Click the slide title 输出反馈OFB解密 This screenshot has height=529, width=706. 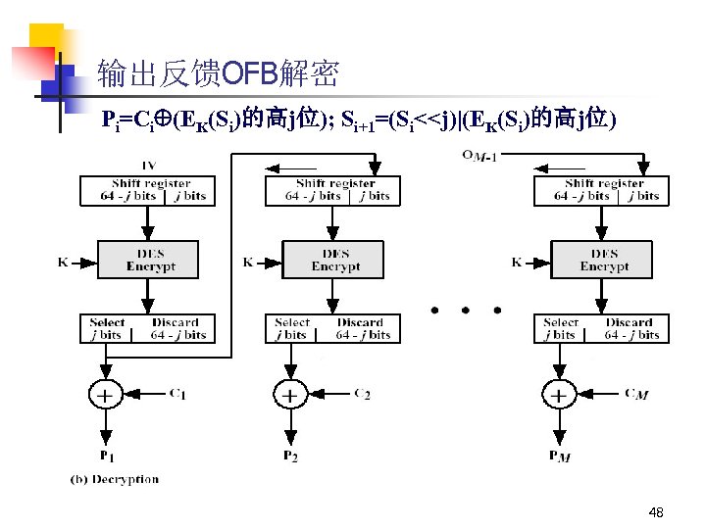[218, 72]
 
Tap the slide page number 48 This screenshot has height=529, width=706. [656, 512]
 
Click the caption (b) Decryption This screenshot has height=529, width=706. [115, 479]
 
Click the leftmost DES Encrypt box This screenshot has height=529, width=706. [150, 260]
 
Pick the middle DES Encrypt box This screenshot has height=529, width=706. [335, 260]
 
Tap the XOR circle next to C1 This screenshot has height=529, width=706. [105, 396]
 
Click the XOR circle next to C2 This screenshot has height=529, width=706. [290, 396]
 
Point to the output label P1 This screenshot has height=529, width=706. [106, 457]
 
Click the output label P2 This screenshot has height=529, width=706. [290, 457]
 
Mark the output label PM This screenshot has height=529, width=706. [558, 457]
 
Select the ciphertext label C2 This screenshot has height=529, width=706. [361, 394]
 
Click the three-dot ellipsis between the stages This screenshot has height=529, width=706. [466, 310]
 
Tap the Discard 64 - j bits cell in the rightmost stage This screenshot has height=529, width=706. [629, 328]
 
